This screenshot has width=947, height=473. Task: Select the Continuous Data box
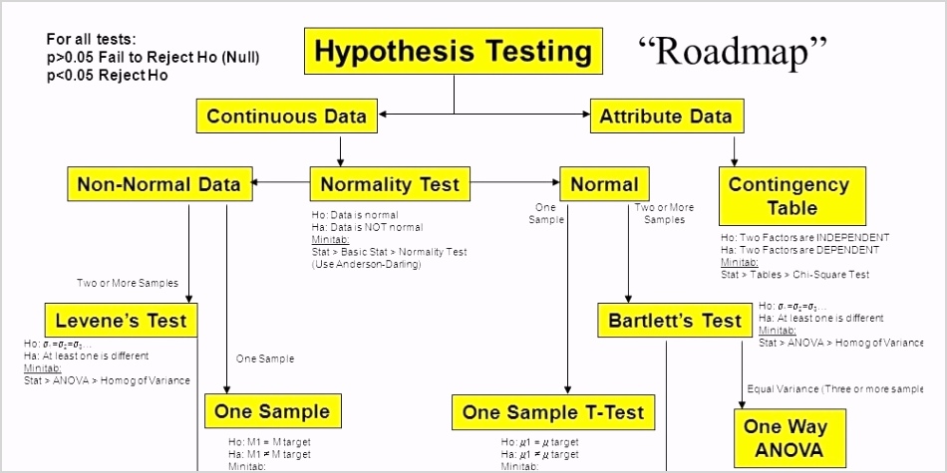click(286, 116)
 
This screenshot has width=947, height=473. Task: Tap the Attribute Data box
click(665, 116)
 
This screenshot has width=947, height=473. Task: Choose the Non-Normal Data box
click(158, 184)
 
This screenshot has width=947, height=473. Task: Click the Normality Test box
click(390, 184)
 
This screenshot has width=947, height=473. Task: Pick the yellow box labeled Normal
click(604, 184)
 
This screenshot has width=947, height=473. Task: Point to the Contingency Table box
click(789, 196)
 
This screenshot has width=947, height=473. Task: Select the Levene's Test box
click(121, 322)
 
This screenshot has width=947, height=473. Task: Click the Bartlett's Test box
click(675, 321)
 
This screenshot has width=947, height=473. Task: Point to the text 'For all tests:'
click(91, 40)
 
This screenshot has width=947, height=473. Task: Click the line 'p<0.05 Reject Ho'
click(107, 75)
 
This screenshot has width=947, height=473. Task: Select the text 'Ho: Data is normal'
click(355, 215)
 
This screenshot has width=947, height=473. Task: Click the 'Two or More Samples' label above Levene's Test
click(127, 283)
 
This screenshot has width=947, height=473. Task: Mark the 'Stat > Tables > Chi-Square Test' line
click(794, 274)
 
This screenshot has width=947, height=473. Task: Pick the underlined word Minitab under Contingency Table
click(738, 262)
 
